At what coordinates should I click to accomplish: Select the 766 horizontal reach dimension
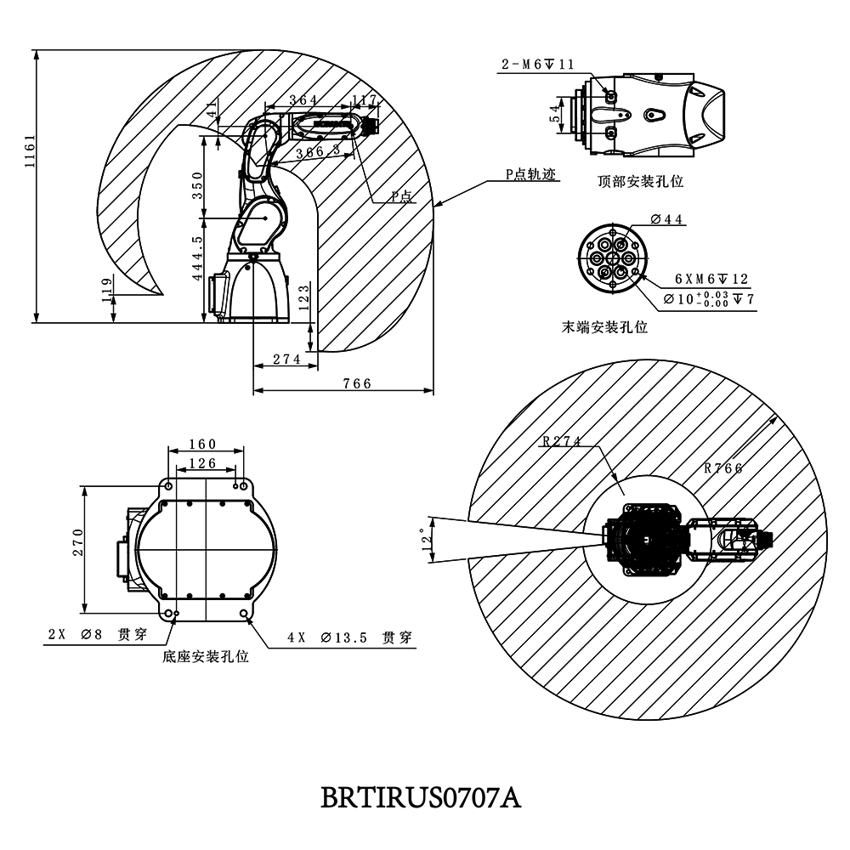(x=357, y=383)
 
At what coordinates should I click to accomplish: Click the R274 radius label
(x=561, y=441)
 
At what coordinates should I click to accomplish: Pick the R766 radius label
(x=723, y=467)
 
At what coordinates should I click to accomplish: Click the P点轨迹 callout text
(x=529, y=174)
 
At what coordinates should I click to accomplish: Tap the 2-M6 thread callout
(x=538, y=65)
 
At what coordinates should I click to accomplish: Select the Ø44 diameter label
(x=666, y=219)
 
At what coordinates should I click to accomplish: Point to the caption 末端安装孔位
(x=605, y=327)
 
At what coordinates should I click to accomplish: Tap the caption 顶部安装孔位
(x=641, y=181)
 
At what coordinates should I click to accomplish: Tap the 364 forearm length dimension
(x=303, y=100)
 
